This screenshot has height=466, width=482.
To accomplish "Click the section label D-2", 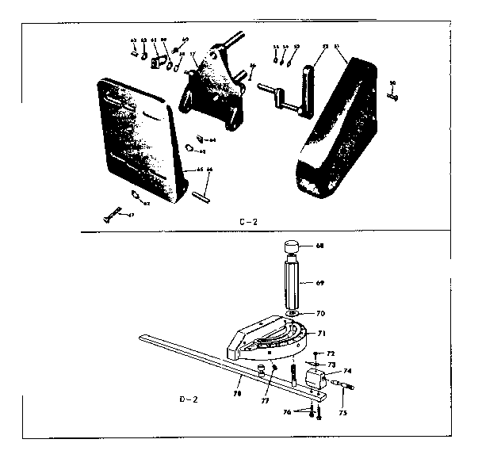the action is click(191, 399).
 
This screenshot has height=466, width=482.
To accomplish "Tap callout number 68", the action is click(319, 246).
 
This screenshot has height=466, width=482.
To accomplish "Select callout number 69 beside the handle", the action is click(319, 282).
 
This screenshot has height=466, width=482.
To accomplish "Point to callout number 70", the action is click(319, 314).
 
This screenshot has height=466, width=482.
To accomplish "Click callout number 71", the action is click(321, 334).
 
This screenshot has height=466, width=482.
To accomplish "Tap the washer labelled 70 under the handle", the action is click(293, 314).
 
